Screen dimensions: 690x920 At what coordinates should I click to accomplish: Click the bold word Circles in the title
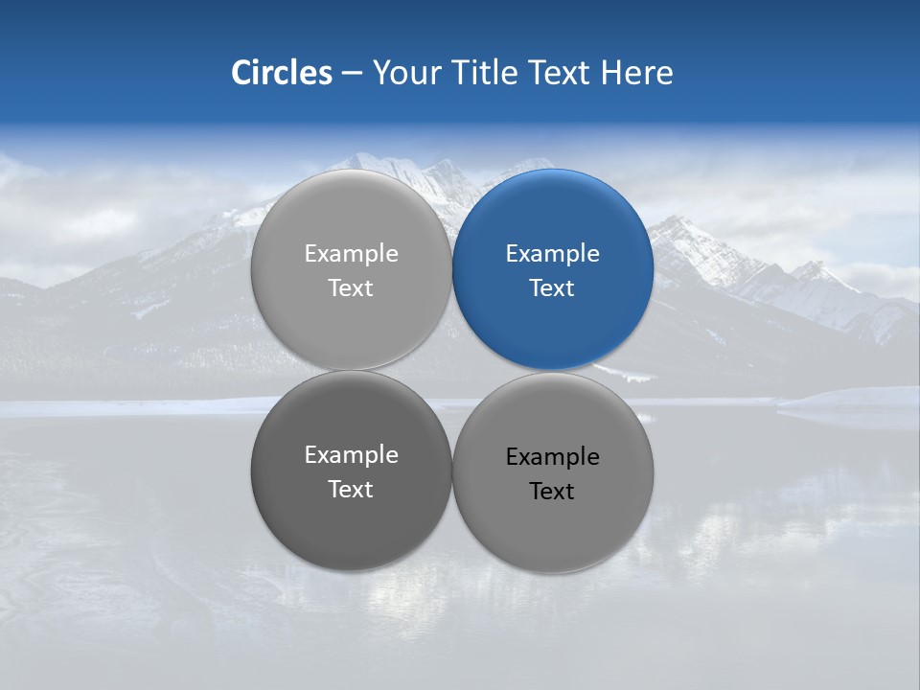pos(282,73)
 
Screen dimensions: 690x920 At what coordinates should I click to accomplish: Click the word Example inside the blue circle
pos(553,254)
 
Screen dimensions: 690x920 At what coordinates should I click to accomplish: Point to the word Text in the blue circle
pos(552,288)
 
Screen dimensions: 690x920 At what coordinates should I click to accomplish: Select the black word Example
pos(553,457)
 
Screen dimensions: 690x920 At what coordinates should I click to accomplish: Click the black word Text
pos(552,492)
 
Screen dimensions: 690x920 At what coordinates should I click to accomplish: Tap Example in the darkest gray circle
pos(352,455)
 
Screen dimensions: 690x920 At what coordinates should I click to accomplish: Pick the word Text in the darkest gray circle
pos(351,490)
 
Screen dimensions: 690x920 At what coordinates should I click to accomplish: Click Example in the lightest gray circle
pos(352,254)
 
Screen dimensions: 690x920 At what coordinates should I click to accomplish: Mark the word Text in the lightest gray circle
pos(351,288)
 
